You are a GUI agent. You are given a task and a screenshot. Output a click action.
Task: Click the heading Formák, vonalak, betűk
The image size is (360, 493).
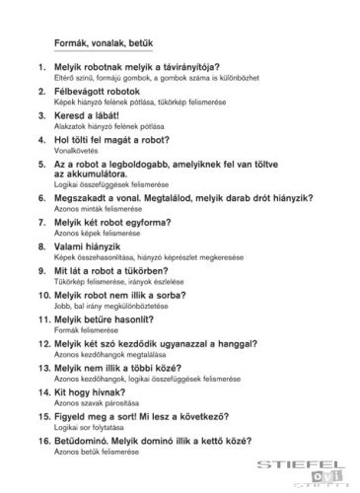point(102,43)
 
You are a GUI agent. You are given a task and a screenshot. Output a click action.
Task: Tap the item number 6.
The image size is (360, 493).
point(42,197)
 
